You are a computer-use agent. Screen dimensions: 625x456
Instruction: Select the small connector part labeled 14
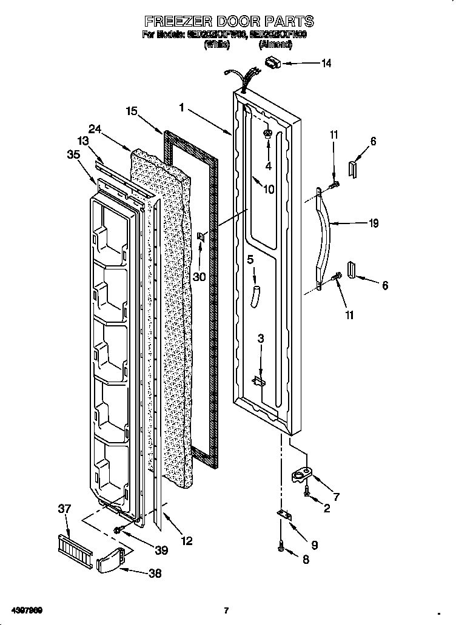click(274, 61)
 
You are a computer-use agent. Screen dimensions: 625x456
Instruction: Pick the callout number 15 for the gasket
click(132, 111)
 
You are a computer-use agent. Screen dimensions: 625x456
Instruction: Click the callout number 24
click(94, 128)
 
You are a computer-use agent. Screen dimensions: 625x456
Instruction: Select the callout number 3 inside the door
click(261, 339)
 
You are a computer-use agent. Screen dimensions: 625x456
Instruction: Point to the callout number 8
click(305, 560)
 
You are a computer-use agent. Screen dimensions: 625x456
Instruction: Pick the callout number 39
click(161, 550)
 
